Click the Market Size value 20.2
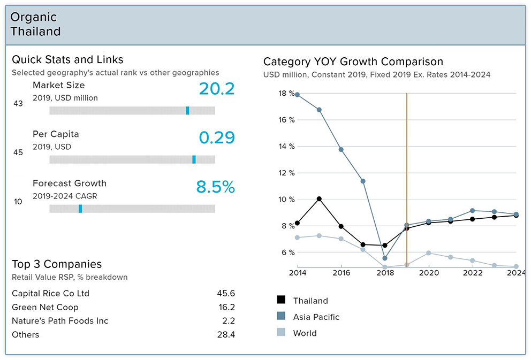click(x=217, y=89)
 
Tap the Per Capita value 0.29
click(x=217, y=137)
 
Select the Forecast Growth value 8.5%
click(x=216, y=187)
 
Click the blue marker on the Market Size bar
click(x=187, y=110)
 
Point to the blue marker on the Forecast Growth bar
click(x=80, y=209)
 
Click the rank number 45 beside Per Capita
click(x=18, y=152)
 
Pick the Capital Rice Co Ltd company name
click(x=50, y=293)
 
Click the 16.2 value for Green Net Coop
click(x=227, y=307)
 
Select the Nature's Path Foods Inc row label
click(x=60, y=321)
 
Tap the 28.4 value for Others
click(x=227, y=335)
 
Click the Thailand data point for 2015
click(x=319, y=199)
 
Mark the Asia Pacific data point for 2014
click(x=297, y=95)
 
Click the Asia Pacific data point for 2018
click(x=385, y=258)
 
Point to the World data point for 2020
click(x=429, y=253)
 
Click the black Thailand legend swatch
click(x=281, y=301)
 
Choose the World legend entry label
click(x=305, y=333)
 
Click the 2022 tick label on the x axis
click(x=472, y=272)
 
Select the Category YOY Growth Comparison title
click(x=353, y=62)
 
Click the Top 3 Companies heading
click(x=57, y=264)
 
